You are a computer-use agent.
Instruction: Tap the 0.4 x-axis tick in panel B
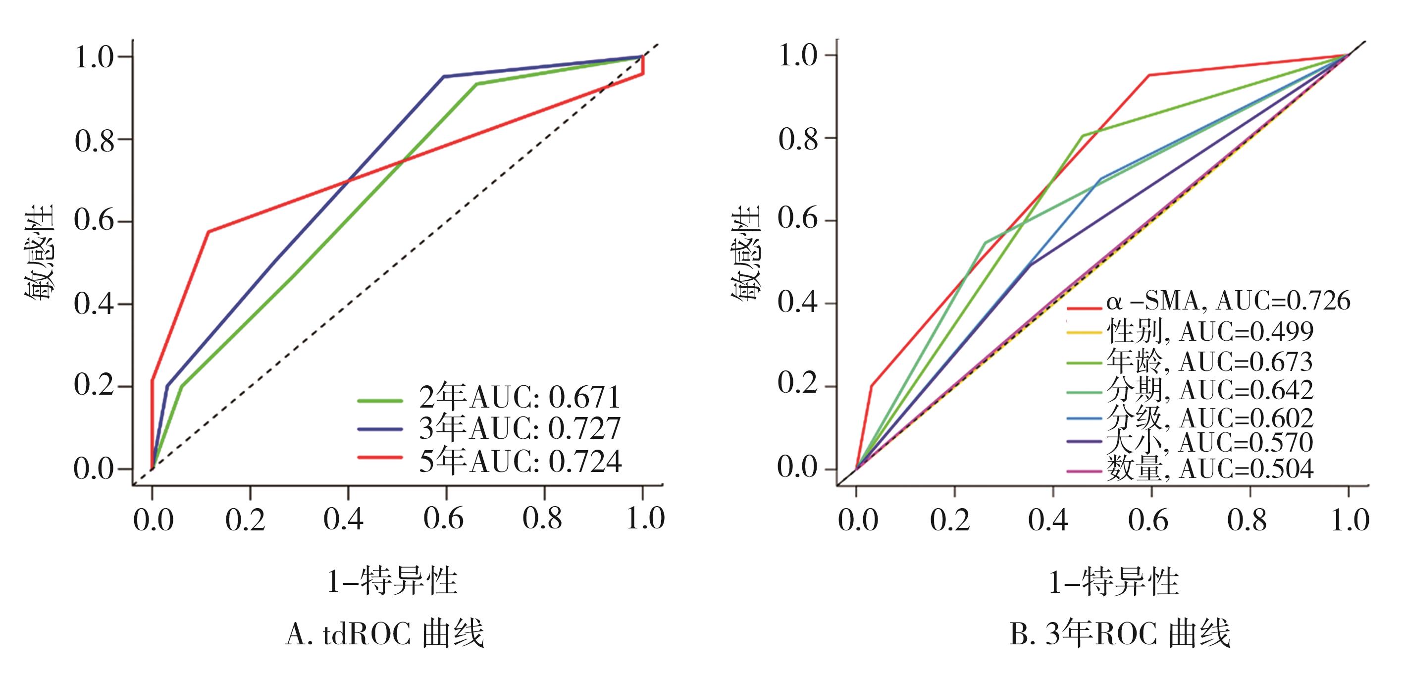(1048, 520)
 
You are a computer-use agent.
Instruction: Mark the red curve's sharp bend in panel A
(208, 232)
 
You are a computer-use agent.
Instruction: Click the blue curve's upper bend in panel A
(444, 76)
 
